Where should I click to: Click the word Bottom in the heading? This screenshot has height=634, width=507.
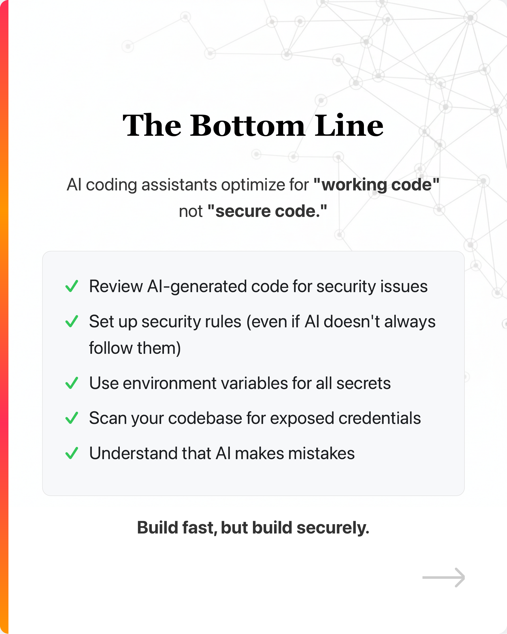click(248, 126)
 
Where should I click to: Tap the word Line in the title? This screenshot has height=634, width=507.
click(349, 126)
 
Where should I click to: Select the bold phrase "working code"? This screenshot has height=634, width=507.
click(376, 185)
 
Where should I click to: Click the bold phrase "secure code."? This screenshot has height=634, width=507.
click(267, 212)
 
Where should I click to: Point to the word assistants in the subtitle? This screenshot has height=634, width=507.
click(179, 185)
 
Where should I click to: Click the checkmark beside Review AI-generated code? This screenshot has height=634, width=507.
click(72, 286)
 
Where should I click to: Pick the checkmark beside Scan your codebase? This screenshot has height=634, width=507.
click(72, 418)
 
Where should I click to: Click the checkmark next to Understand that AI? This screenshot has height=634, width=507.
click(72, 453)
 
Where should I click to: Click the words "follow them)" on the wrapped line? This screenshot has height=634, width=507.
click(135, 348)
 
